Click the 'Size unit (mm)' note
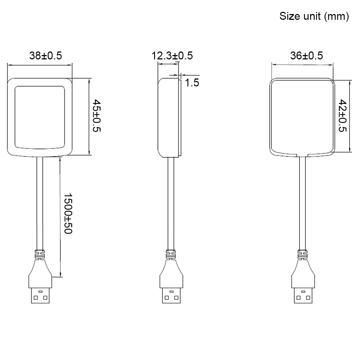pyautogui.click(x=314, y=17)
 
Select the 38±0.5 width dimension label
pyautogui.click(x=45, y=56)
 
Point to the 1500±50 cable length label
pyautogui.click(x=68, y=213)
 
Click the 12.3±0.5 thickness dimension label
pyautogui.click(x=172, y=56)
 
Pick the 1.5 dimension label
pyautogui.click(x=192, y=83)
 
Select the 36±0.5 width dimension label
pyautogui.click(x=306, y=56)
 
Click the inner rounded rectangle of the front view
pyautogui.click(x=40, y=117)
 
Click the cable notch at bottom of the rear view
pyautogui.click(x=302, y=156)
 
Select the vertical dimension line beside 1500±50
pyautogui.click(x=60, y=216)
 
